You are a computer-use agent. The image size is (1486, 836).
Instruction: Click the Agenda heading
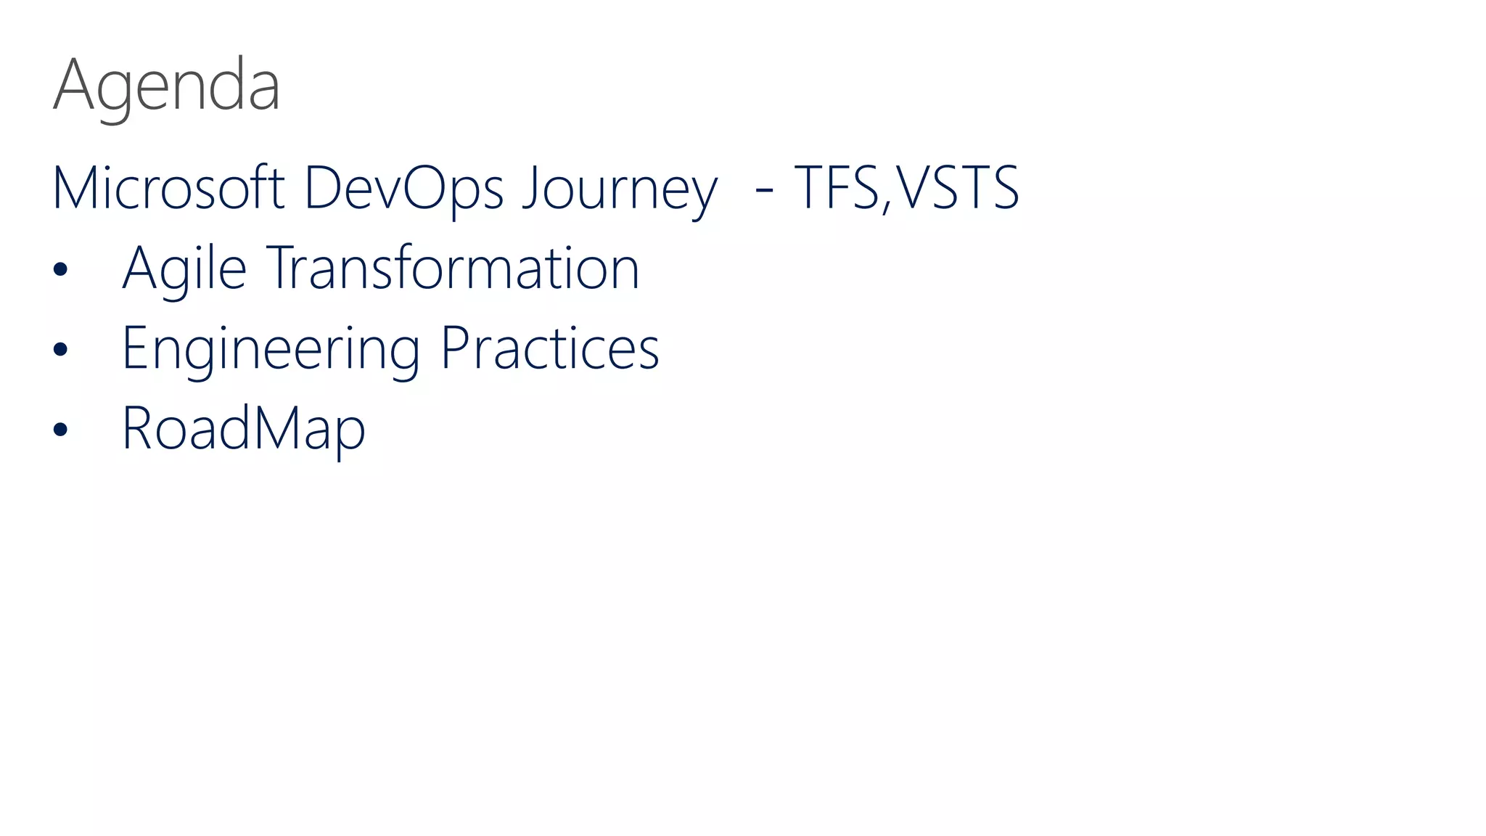166,86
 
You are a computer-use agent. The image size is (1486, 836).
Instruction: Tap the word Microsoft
168,188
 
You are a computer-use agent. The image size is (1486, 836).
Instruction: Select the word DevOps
403,188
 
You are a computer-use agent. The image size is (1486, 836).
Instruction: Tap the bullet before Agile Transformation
60,270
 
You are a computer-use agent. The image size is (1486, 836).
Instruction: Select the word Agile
184,268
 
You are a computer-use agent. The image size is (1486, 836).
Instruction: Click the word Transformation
454,268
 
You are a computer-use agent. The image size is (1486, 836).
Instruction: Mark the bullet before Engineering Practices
60,350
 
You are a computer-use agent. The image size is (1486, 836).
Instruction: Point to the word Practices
550,348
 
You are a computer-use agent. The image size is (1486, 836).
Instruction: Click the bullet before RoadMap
60,430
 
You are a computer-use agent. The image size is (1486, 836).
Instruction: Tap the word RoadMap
243,428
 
